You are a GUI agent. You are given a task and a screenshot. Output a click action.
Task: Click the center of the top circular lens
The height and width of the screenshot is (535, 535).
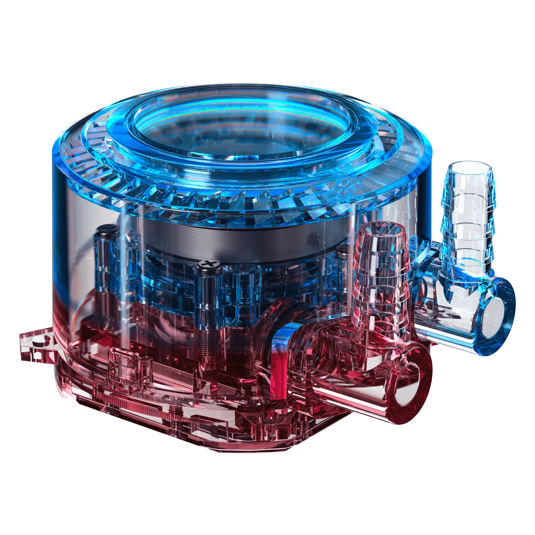(x=241, y=133)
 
